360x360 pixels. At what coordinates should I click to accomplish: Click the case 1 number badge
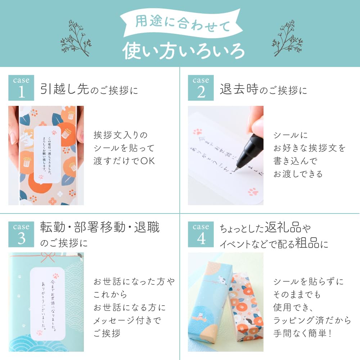click(x=21, y=88)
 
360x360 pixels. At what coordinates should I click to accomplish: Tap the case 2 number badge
click(x=201, y=88)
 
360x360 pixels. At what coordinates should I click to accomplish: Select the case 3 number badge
click(x=21, y=234)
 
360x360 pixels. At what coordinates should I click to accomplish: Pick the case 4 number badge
click(x=201, y=234)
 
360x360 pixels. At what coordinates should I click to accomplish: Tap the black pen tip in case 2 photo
click(x=237, y=167)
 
